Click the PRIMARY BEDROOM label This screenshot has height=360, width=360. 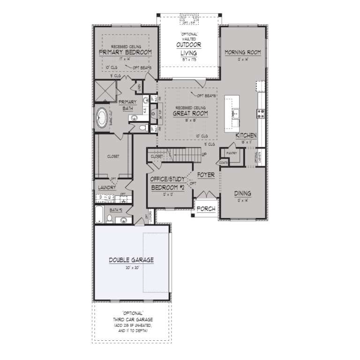(x=125, y=52)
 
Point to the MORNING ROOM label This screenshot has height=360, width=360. (x=242, y=52)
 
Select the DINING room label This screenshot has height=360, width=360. (x=243, y=193)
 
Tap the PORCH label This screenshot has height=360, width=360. (x=205, y=209)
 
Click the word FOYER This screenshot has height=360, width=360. (x=206, y=175)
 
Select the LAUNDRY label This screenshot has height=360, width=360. (x=107, y=187)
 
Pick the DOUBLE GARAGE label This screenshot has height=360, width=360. (x=131, y=260)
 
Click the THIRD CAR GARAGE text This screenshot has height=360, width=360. (x=132, y=318)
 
